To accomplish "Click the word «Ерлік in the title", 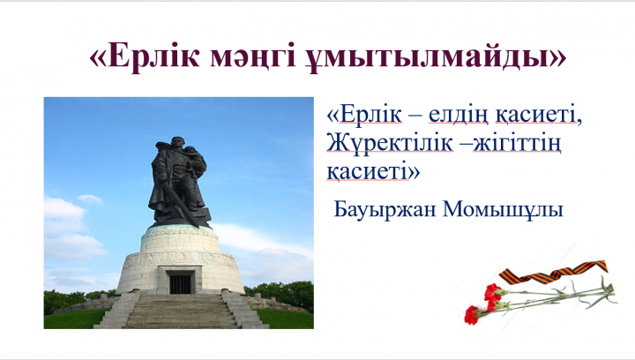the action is (145, 56).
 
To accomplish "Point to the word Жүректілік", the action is (390, 144).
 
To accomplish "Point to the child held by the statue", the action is (193, 157).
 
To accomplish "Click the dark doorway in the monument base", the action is (180, 284).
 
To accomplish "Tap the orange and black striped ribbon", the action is (554, 272).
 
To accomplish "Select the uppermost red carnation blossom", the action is (492, 291).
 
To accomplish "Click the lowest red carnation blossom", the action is (471, 315).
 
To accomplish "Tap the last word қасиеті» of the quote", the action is (373, 172).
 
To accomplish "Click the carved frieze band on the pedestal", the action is (181, 259).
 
